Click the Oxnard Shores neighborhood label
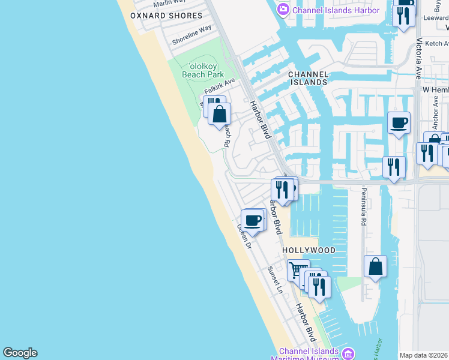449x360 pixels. coord(166,16)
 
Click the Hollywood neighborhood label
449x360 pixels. coord(309,250)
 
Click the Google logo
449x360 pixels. coord(20,353)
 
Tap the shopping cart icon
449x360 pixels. coord(298,270)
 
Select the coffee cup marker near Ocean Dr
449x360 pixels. coord(253,221)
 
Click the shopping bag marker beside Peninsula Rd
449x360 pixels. coord(375,266)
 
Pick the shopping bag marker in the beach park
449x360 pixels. coord(220,113)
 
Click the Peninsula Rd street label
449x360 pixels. coord(363,206)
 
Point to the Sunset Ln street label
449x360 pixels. coord(276,280)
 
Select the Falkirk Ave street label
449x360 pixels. coord(220,86)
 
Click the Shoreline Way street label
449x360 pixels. coord(191,35)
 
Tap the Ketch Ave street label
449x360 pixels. coord(437,43)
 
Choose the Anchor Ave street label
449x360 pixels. coord(435,108)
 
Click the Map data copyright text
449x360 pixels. coord(424,355)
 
